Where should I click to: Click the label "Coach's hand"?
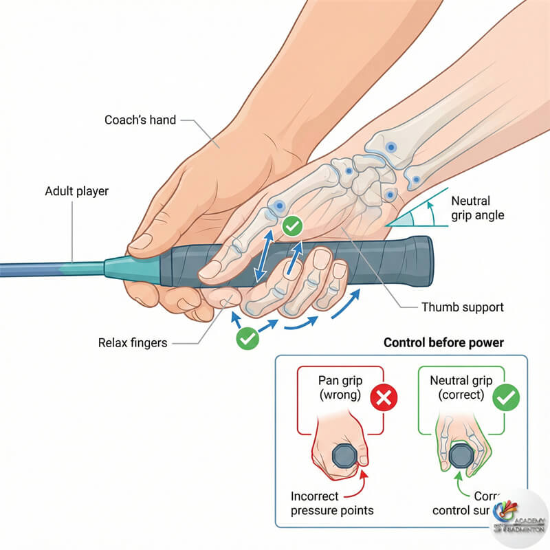pyautogui.click(x=140, y=120)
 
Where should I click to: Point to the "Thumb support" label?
pyautogui.click(x=462, y=307)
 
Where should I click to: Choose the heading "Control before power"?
pyautogui.click(x=443, y=342)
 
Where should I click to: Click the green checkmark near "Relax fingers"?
pyautogui.click(x=245, y=338)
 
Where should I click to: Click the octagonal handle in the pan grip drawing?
pyautogui.click(x=342, y=456)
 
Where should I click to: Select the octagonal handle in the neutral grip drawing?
pyautogui.click(x=461, y=456)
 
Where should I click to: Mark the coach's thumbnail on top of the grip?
pyautogui.click(x=140, y=242)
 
